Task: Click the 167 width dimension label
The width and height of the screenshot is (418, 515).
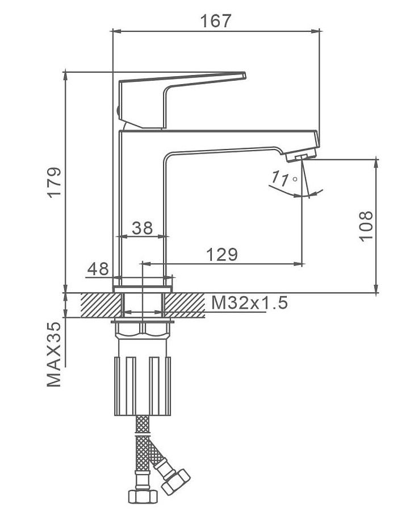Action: tap(216, 21)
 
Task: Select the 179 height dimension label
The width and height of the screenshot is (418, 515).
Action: tap(55, 182)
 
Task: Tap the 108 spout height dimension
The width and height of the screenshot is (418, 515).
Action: tap(366, 226)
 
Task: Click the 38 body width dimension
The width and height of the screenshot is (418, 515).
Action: tap(143, 228)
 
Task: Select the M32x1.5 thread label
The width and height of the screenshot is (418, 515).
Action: tap(249, 302)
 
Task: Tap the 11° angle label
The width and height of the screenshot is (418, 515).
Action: tap(282, 179)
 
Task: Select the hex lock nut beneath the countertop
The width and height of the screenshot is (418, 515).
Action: tap(144, 329)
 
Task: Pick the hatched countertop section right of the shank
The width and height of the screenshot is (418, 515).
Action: tap(185, 305)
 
